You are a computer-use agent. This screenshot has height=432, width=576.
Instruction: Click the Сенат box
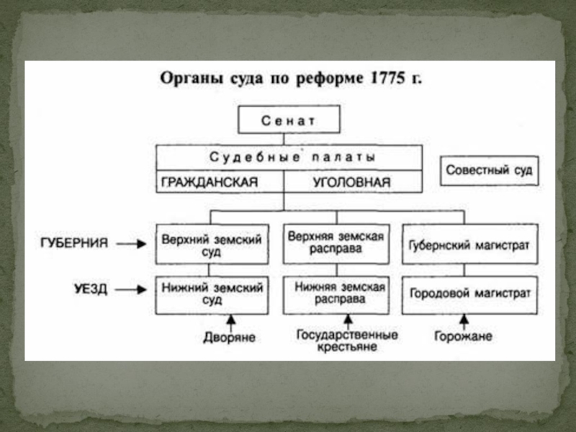coord(289,120)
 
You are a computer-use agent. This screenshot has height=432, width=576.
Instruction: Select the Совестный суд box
coord(489,171)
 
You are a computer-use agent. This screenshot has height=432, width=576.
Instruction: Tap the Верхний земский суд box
coord(212,244)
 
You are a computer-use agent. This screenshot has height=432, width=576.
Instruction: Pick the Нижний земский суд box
coord(212,294)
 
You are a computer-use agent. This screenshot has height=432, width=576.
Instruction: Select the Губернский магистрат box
coord(469,245)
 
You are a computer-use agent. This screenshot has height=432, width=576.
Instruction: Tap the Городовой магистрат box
coord(469,294)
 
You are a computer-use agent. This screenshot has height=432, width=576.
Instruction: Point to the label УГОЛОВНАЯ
coord(351,182)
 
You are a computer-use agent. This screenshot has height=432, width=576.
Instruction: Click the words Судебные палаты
coord(289,156)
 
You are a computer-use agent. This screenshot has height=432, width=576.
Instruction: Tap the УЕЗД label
coord(91,289)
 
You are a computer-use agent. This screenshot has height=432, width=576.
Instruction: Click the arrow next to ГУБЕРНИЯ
coord(131,244)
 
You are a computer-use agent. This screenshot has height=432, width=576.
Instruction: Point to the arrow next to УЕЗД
coord(131,289)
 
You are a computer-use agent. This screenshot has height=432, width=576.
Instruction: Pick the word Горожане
coord(463,336)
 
